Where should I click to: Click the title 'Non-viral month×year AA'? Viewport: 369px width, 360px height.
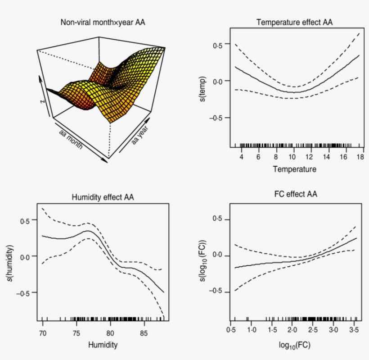click(x=103, y=22)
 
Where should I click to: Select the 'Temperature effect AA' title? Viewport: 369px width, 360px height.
click(x=294, y=22)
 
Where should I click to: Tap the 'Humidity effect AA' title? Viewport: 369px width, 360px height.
click(x=103, y=197)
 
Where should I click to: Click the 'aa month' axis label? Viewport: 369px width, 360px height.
click(x=71, y=140)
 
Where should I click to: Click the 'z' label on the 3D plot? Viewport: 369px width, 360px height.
click(x=42, y=102)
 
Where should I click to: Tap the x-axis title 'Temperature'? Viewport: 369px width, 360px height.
click(x=294, y=169)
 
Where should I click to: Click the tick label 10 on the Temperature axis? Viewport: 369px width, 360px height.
click(x=293, y=157)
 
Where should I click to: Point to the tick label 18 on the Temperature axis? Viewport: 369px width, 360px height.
click(x=359, y=157)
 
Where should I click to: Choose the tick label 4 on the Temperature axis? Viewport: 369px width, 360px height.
click(x=242, y=157)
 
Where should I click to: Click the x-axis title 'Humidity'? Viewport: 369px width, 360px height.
click(x=103, y=345)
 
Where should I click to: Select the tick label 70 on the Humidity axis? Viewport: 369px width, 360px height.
click(x=43, y=333)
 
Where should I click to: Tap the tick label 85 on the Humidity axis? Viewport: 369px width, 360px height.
click(x=144, y=333)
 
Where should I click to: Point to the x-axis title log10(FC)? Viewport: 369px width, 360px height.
click(x=294, y=346)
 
